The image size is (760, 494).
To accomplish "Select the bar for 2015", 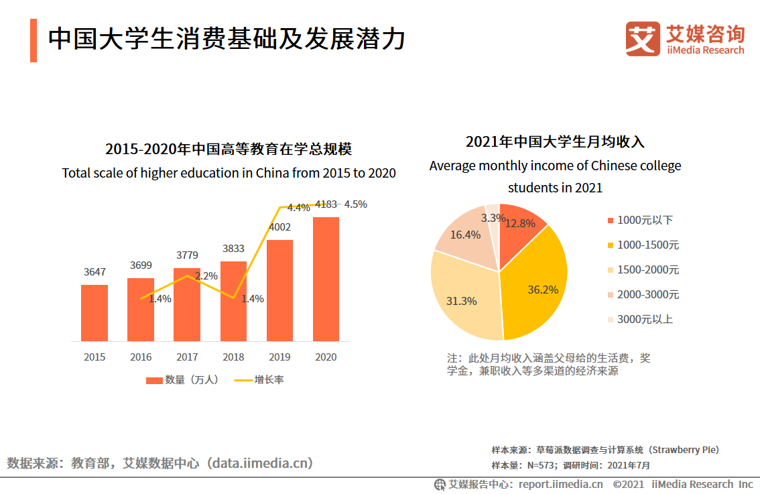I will coord(94,312).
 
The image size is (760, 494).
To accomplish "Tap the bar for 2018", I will coord(233,301).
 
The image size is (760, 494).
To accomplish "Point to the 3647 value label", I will coord(94,272).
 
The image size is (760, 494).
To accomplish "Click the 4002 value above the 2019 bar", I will coord(279,227).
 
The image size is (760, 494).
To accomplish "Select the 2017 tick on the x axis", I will coord(187,357).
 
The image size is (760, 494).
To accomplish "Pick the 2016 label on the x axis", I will coord(141,357).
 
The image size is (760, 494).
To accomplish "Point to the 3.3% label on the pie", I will coord(493,218).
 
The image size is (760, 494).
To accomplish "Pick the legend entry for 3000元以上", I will coord(644,319).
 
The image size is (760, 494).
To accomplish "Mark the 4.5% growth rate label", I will coord(355,204).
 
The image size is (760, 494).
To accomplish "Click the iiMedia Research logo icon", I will coord(643,38).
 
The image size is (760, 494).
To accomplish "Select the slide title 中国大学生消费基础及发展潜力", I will coord(227,39).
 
